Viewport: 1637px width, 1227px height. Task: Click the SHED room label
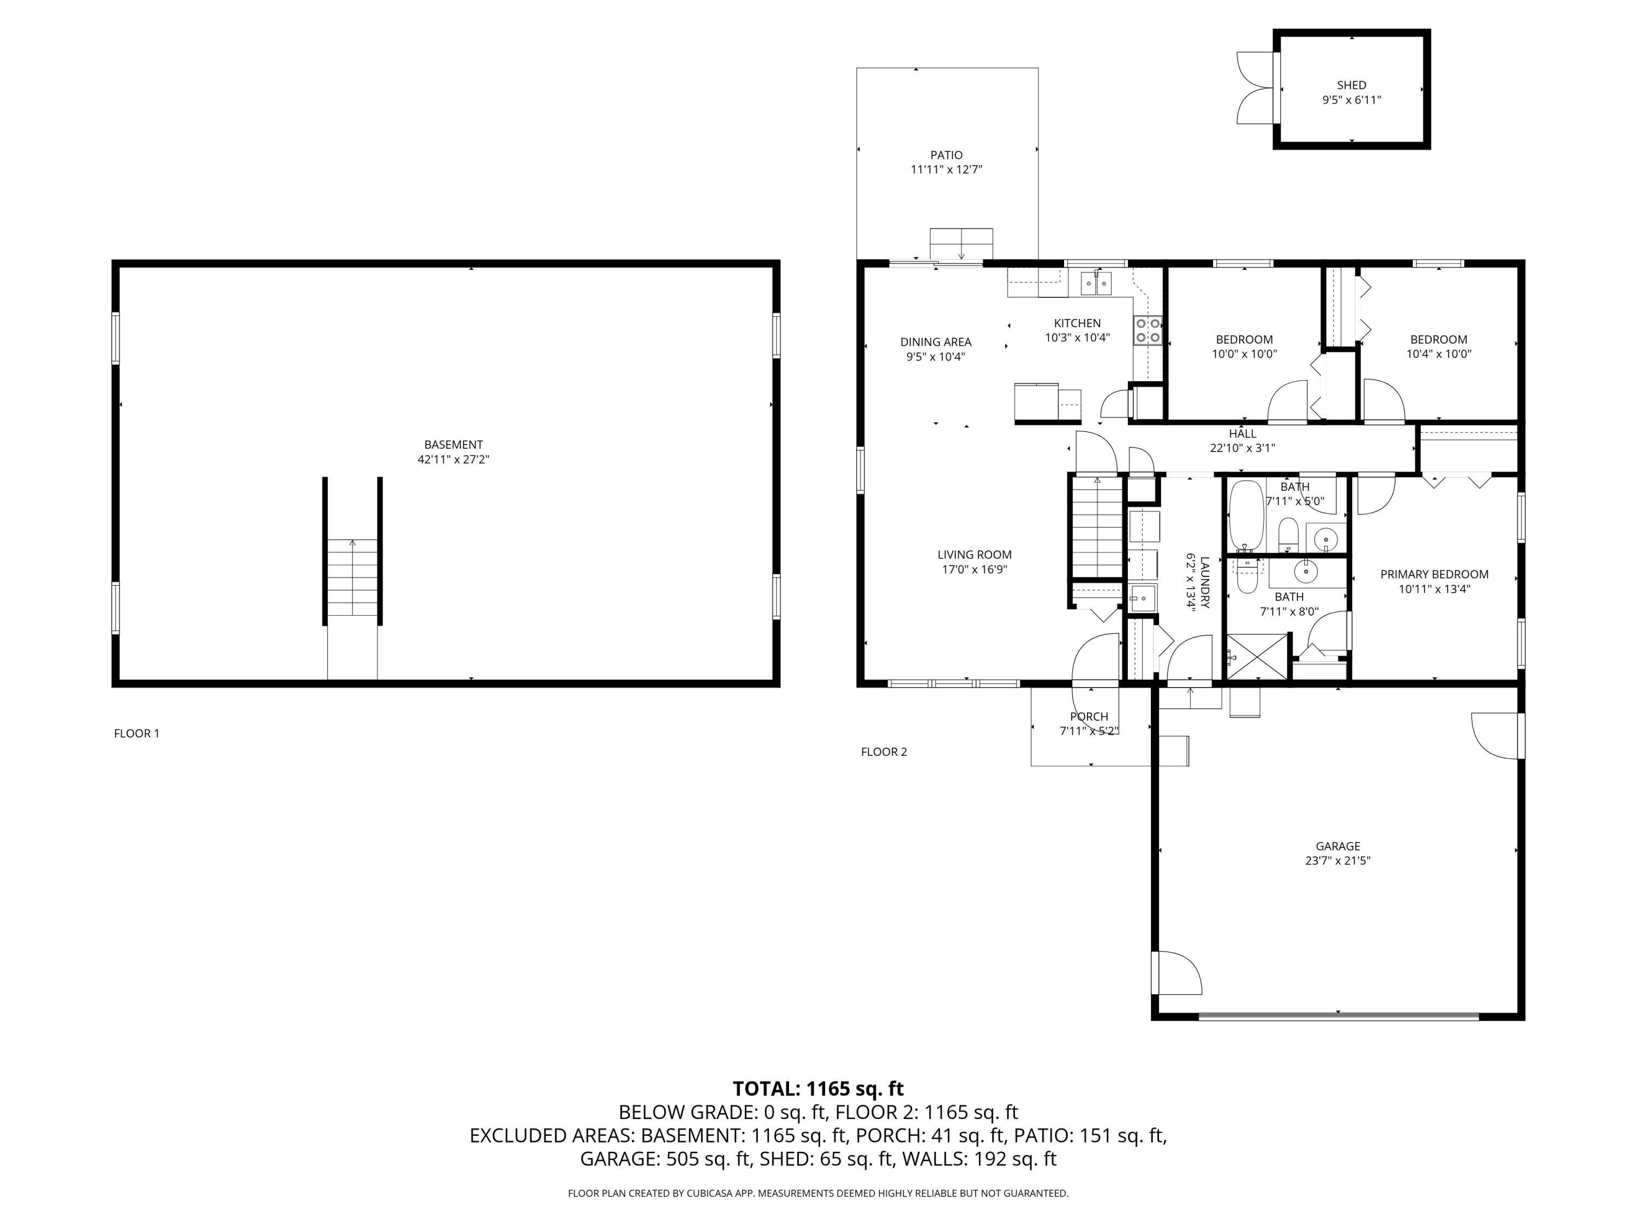pos(1351,85)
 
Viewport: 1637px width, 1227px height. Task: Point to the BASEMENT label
pos(453,444)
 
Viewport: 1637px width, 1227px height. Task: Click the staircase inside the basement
pos(353,578)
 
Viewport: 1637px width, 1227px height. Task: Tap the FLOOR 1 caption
pos(136,733)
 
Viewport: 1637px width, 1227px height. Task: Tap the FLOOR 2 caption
pos(883,751)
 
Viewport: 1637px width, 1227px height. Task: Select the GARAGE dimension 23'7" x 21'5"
pos(1337,860)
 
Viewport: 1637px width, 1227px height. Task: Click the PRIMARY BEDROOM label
pos(1433,574)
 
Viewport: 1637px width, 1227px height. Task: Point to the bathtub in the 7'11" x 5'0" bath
pos(1246,515)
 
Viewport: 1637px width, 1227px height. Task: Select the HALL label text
pos(1242,434)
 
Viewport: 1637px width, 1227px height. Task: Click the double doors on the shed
pos(1257,88)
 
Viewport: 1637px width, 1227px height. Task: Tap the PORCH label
pos(1089,716)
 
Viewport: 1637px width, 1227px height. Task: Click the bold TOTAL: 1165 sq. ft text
pos(818,1088)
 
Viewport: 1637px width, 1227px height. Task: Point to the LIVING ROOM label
pos(974,555)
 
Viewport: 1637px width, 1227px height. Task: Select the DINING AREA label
pos(935,342)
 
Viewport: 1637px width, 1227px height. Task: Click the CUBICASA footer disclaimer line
pos(818,1193)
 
